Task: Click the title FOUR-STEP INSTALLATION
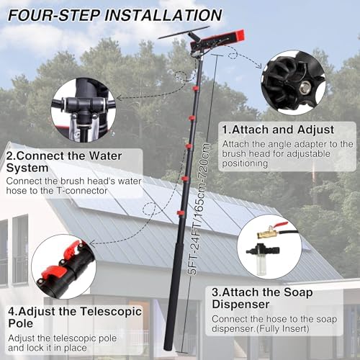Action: click(115, 15)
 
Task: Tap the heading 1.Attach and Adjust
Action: click(278, 130)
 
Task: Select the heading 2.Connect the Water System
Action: click(64, 162)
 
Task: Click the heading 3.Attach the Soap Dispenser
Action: click(262, 298)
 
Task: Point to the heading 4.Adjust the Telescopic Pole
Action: click(75, 318)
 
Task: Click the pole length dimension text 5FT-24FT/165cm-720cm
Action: click(199, 209)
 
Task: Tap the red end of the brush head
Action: click(239, 35)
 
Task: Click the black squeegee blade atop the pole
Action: click(184, 32)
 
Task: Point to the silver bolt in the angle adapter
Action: click(305, 85)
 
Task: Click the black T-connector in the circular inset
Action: click(84, 108)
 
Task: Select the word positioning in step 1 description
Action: click(245, 163)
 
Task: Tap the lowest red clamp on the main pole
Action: click(181, 212)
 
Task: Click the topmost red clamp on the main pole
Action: click(196, 89)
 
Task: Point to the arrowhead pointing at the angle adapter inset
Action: click(259, 66)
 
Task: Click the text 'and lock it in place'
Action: click(48, 348)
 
